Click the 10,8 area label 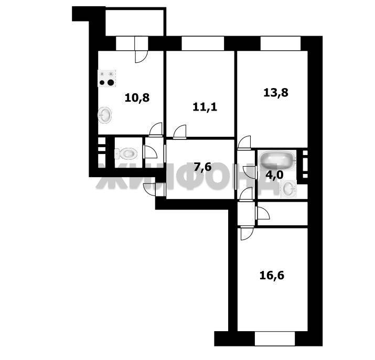pyautogui.click(x=137, y=97)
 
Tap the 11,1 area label pyautogui.click(x=205, y=107)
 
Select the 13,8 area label pyautogui.click(x=276, y=92)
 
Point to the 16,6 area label pyautogui.click(x=272, y=276)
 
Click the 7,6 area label pyautogui.click(x=202, y=167)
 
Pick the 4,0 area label pyautogui.click(x=274, y=175)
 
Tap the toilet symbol pyautogui.click(x=126, y=154)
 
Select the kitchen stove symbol pyautogui.click(x=106, y=79)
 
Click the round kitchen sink pyautogui.click(x=105, y=115)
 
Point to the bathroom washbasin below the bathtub pyautogui.click(x=289, y=189)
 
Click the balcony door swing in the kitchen pyautogui.click(x=141, y=57)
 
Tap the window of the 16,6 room pyautogui.click(x=275, y=339)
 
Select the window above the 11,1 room pyautogui.click(x=203, y=43)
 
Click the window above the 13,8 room pyautogui.click(x=281, y=43)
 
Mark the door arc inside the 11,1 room pyautogui.click(x=180, y=131)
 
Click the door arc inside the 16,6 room pyautogui.click(x=247, y=234)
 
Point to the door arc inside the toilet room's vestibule pyautogui.click(x=151, y=151)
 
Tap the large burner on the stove pyautogui.click(x=111, y=82)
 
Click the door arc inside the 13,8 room pyautogui.click(x=244, y=141)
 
